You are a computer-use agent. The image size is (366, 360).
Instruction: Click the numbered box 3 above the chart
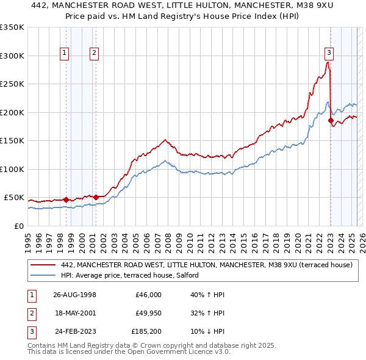[x=329, y=52]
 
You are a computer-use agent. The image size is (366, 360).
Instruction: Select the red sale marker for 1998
[x=66, y=200]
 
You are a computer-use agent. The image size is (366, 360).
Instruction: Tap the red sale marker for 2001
[x=96, y=197]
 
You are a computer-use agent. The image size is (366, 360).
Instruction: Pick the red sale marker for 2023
[x=331, y=121]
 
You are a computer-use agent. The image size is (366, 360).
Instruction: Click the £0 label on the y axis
[x=17, y=226]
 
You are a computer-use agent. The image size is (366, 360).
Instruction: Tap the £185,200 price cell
[x=146, y=333]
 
